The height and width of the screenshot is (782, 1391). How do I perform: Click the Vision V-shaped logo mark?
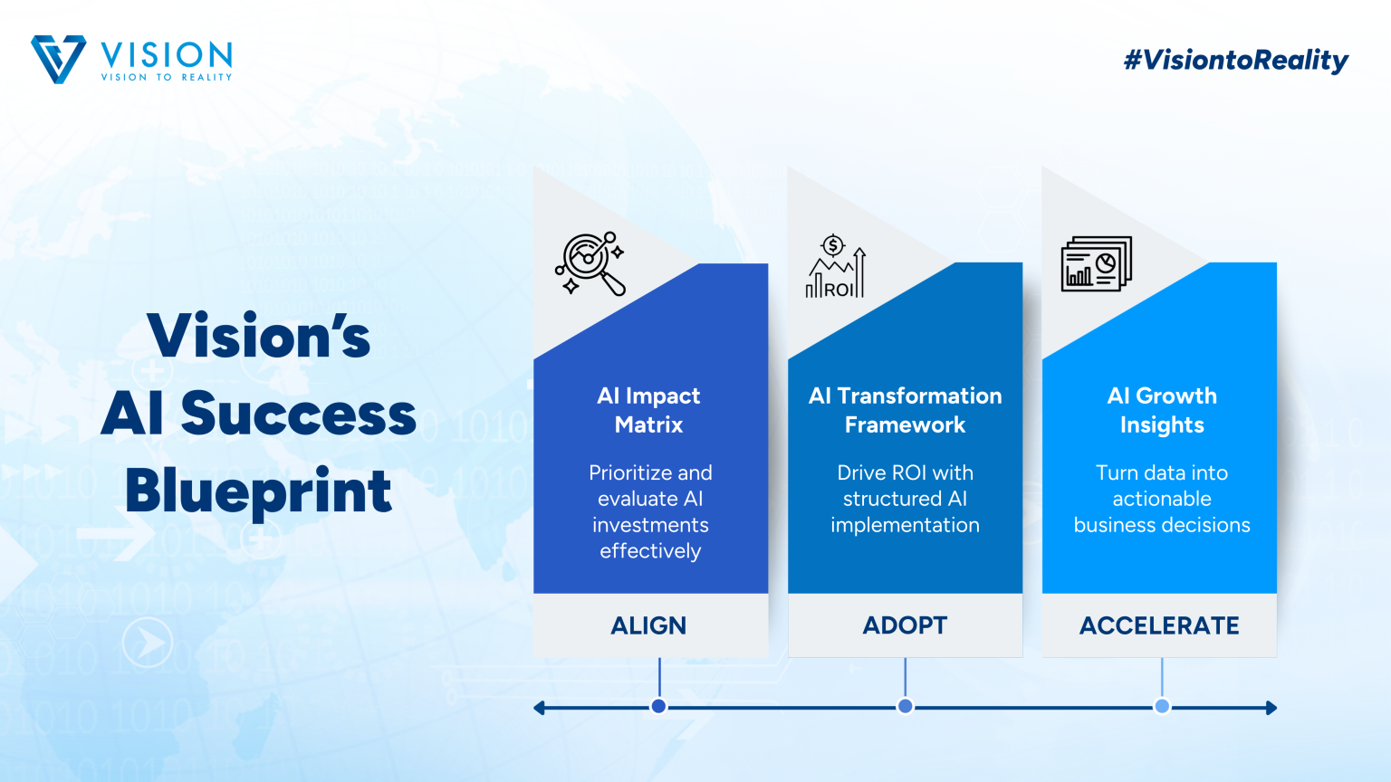(58, 59)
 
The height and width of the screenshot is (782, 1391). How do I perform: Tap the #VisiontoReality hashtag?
(1236, 61)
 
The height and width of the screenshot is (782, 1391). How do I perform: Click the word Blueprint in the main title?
(258, 492)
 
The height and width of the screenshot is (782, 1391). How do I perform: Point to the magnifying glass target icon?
(590, 263)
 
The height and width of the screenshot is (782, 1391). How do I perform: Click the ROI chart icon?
(835, 266)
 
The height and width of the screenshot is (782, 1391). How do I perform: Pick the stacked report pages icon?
(1097, 263)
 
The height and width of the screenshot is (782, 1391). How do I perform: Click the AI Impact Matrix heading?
(649, 410)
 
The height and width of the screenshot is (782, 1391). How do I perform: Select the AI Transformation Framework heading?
(905, 410)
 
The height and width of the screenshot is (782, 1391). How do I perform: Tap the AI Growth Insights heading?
(1162, 410)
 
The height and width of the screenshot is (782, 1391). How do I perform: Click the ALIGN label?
(649, 625)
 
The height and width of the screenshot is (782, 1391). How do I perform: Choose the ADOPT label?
(905, 625)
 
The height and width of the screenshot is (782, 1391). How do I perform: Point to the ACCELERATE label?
(1159, 625)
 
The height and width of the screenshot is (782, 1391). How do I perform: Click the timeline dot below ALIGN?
(659, 706)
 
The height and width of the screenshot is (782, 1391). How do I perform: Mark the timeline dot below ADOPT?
(906, 706)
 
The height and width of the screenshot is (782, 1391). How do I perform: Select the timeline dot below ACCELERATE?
(1162, 706)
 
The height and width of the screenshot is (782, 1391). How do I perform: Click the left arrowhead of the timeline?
(539, 708)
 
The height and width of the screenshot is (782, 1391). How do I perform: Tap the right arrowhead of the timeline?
(1271, 708)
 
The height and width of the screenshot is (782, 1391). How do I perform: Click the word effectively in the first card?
(650, 551)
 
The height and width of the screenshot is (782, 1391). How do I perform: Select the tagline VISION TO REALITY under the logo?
(167, 77)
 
